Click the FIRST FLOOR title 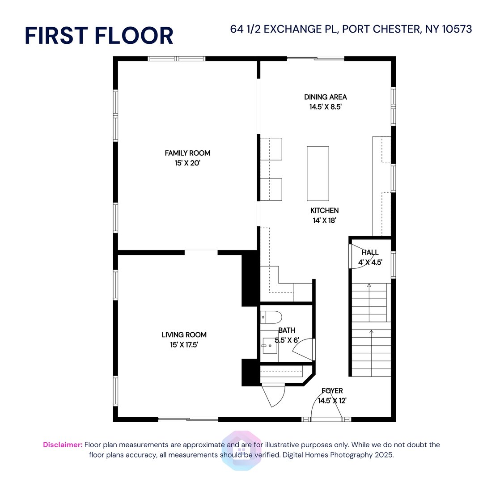(x=99, y=36)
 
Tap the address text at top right (x=351, y=30)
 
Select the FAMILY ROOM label (x=187, y=153)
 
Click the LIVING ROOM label (x=184, y=335)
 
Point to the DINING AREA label (x=325, y=97)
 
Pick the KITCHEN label (x=324, y=210)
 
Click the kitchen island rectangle (x=318, y=174)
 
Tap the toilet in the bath (x=271, y=318)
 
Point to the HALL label (x=370, y=253)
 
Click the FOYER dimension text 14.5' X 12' (x=332, y=401)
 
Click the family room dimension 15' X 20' (x=187, y=164)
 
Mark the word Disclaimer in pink (x=63, y=445)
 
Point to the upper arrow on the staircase (x=369, y=285)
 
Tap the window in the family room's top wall (x=177, y=59)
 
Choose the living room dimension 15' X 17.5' (x=184, y=345)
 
